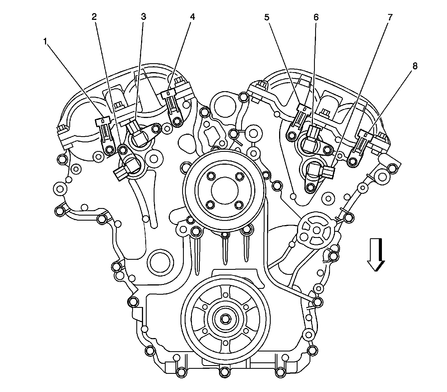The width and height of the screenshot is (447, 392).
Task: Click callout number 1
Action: click(45, 42)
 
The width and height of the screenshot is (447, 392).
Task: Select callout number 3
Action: click(143, 16)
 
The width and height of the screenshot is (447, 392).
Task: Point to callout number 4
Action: click(192, 17)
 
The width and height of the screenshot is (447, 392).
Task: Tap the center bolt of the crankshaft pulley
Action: click(225, 319)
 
